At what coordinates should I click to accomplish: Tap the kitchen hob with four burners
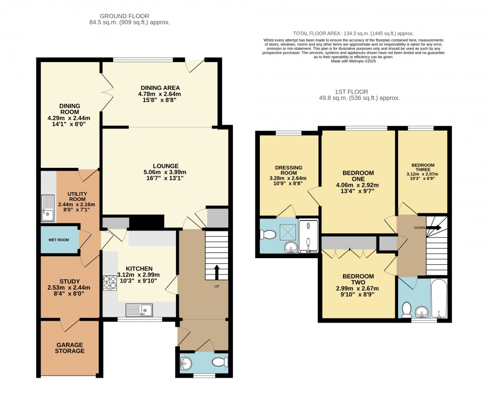(x=110, y=283)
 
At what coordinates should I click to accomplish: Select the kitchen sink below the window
(x=139, y=310)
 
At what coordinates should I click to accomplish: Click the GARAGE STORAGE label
(x=70, y=348)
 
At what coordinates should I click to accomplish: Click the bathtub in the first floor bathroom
(x=439, y=299)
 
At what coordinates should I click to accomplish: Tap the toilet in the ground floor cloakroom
(x=221, y=362)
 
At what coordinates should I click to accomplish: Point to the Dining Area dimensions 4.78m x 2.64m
(x=160, y=94)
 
